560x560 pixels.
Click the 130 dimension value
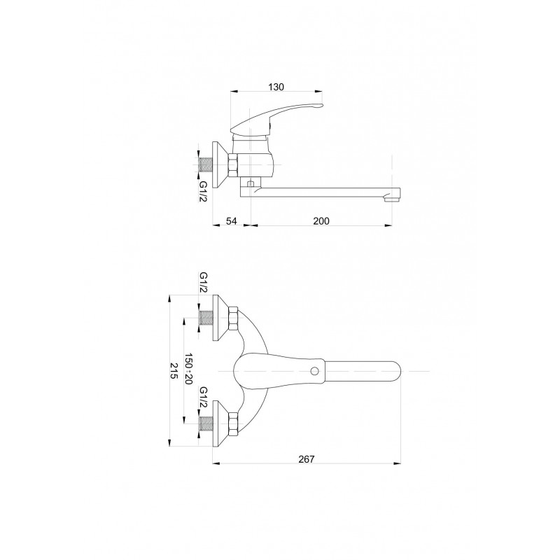click(276, 87)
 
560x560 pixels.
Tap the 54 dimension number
click(232, 221)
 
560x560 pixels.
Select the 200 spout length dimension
click(321, 221)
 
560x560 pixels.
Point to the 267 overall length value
click(307, 459)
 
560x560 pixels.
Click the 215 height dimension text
click(174, 371)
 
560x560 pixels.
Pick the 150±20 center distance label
click(188, 370)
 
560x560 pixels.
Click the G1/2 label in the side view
click(203, 191)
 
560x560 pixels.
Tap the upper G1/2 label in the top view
click(203, 283)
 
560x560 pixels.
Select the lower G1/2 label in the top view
click(203, 397)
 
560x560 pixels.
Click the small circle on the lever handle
click(314, 372)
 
